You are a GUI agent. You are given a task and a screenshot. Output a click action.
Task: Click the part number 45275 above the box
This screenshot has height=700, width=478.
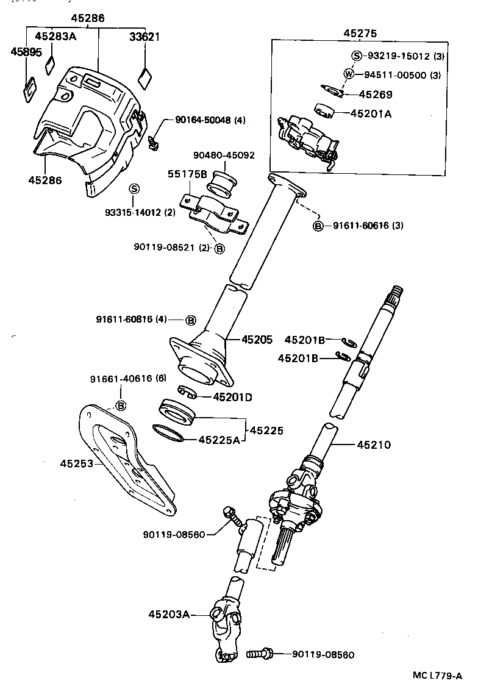tap(360, 33)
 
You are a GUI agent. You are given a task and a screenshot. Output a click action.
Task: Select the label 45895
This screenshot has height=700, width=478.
tap(26, 52)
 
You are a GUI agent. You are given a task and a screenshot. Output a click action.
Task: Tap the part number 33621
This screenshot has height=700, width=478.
tap(144, 37)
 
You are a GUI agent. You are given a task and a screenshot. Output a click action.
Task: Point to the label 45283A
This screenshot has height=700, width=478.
tap(55, 37)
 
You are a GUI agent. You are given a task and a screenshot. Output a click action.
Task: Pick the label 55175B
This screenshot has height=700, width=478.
tap(188, 174)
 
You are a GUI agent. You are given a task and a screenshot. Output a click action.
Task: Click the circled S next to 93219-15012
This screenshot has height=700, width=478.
tap(357, 56)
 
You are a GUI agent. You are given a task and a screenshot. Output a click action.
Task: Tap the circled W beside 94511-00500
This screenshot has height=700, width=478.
tap(349, 75)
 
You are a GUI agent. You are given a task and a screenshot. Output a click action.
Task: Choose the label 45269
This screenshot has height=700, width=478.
tap(375, 95)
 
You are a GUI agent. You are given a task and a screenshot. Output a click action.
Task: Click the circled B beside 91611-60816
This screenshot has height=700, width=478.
tap(191, 320)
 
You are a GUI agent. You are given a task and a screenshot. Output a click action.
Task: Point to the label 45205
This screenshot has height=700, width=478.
tap(257, 339)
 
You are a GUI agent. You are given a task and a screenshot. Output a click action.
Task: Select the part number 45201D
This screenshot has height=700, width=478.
tap(232, 397)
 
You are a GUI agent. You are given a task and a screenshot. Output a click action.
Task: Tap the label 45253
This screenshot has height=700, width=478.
tap(76, 463)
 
